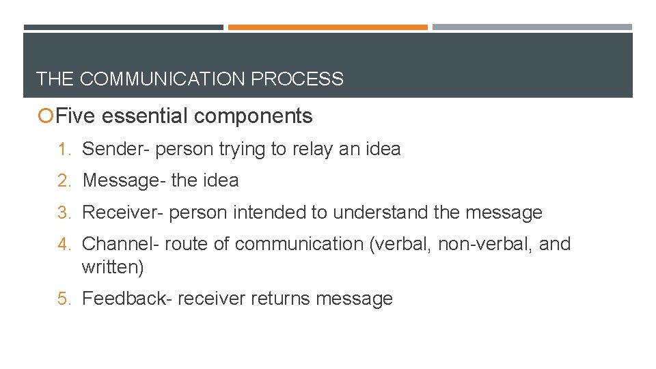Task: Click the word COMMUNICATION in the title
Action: coord(163,79)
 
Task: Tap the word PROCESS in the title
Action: coord(297,79)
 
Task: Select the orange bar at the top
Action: coord(327,27)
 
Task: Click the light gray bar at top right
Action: coord(532,27)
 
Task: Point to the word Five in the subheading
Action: coord(75,116)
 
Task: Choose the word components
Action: coord(253,116)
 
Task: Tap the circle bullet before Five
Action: coord(46,117)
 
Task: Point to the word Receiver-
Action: coord(123,213)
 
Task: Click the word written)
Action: coord(113,267)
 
